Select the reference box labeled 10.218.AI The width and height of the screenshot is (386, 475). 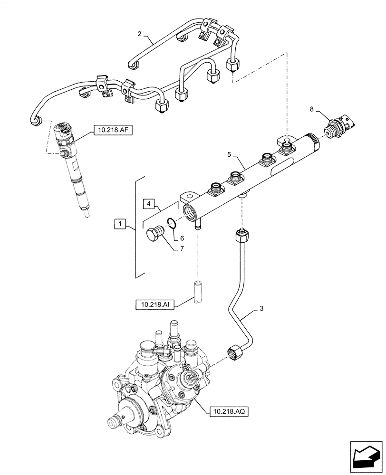[x=154, y=304]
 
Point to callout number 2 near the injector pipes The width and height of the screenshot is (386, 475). [x=139, y=34]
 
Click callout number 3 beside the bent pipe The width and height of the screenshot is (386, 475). [x=261, y=309]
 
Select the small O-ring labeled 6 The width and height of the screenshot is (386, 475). [x=174, y=222]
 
